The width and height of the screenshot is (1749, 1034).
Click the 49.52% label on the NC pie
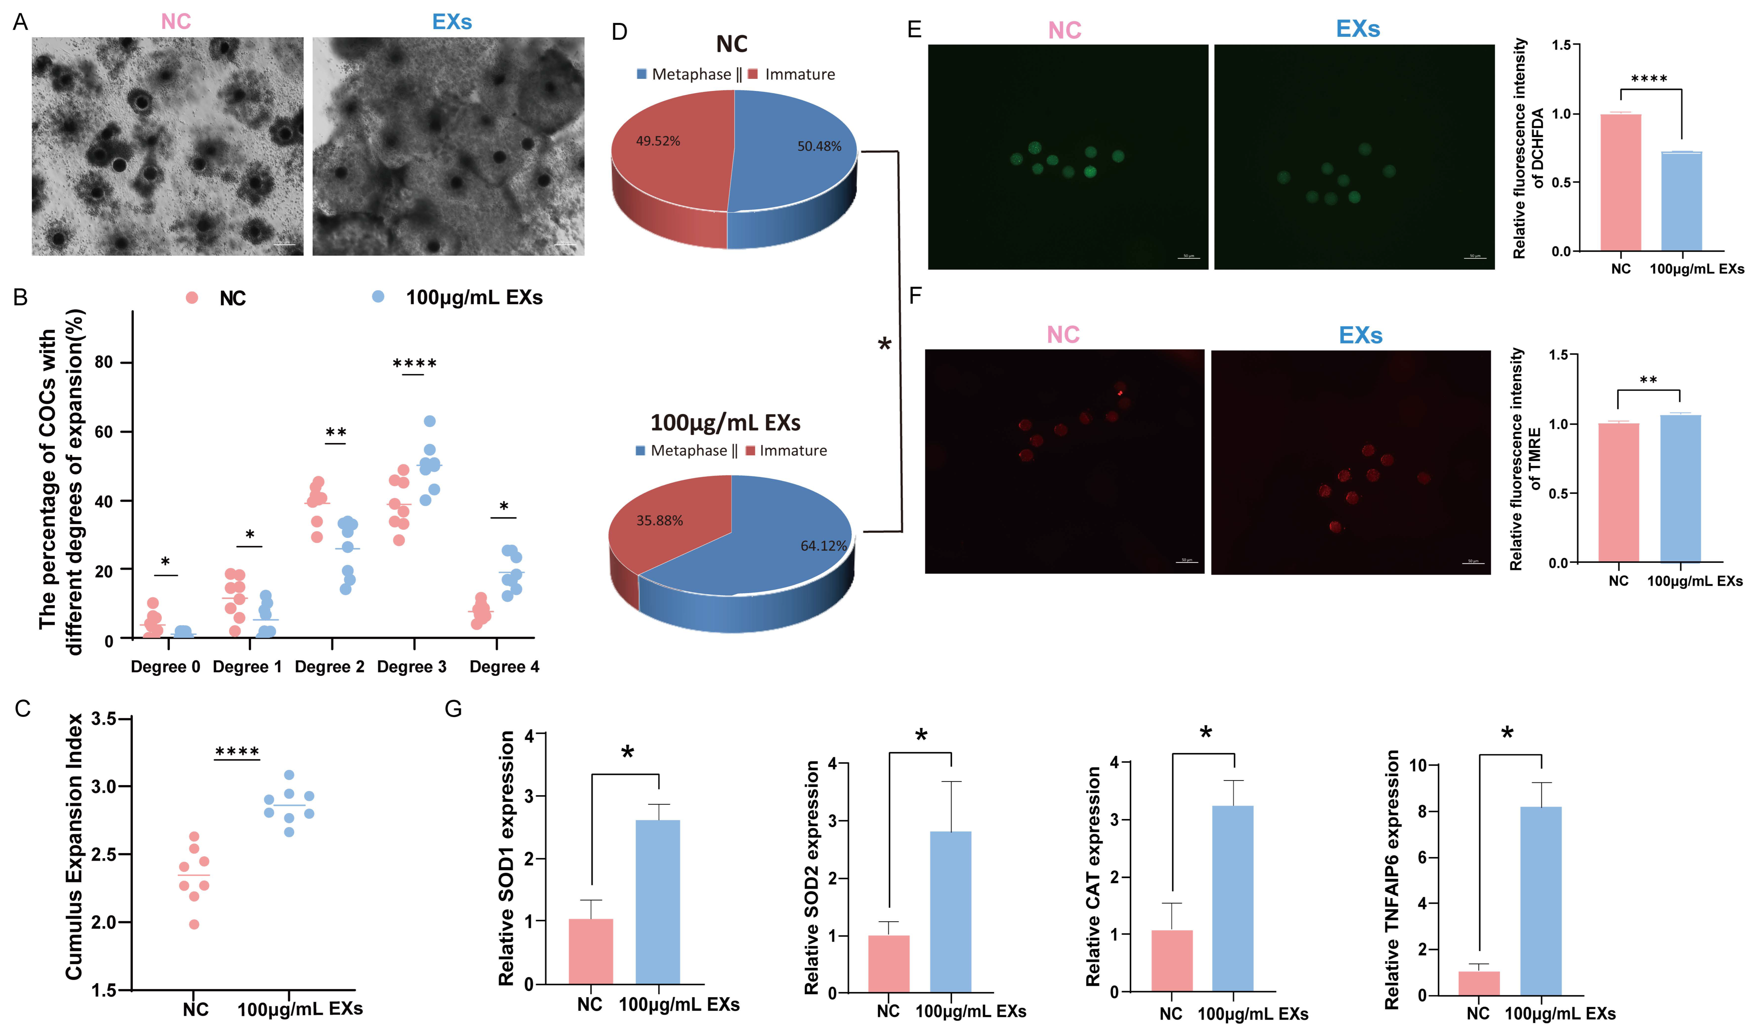658,141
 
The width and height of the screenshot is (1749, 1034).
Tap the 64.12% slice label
823,546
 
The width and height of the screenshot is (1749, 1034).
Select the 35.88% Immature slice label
659,521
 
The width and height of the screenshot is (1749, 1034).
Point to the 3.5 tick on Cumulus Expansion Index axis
104,718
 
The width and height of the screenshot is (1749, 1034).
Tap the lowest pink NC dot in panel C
194,925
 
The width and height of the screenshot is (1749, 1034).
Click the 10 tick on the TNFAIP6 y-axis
1417,766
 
